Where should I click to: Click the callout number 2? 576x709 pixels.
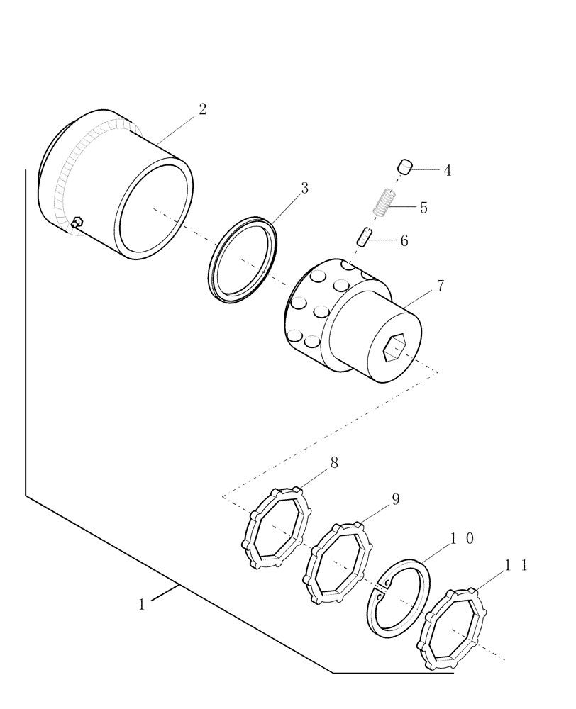[x=202, y=109]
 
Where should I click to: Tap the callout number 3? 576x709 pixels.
[x=304, y=188]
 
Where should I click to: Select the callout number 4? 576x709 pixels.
[x=448, y=170]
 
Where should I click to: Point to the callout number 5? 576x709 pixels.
[x=423, y=208]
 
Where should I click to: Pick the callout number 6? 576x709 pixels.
[x=404, y=241]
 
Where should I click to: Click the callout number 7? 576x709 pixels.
[x=441, y=286]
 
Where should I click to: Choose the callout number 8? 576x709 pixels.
[x=334, y=463]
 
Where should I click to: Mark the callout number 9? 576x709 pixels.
[x=395, y=499]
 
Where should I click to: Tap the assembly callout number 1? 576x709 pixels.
[x=142, y=605]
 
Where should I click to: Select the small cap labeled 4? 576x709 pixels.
[x=405, y=167]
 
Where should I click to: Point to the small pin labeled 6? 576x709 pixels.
[x=363, y=238]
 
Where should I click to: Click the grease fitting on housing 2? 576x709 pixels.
[x=77, y=223]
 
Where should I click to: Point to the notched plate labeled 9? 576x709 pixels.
[x=338, y=564]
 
